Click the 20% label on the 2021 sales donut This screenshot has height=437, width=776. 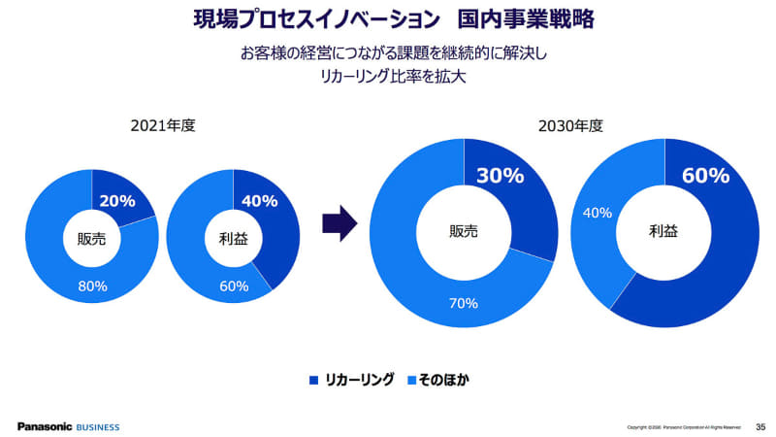pos(117,201)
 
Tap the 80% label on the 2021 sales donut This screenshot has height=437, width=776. pos(92,286)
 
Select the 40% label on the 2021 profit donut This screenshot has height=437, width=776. pos(259,201)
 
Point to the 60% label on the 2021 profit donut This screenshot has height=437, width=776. pos(234,286)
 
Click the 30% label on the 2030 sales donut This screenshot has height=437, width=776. pos(501,176)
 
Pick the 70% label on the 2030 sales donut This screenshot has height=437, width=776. pos(464,303)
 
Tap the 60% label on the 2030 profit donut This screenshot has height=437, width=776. pos(705,176)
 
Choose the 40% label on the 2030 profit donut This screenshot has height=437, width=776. pos(597,212)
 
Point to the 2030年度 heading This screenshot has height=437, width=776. pos(571,126)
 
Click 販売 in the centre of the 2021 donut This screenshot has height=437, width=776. pos(92,237)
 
